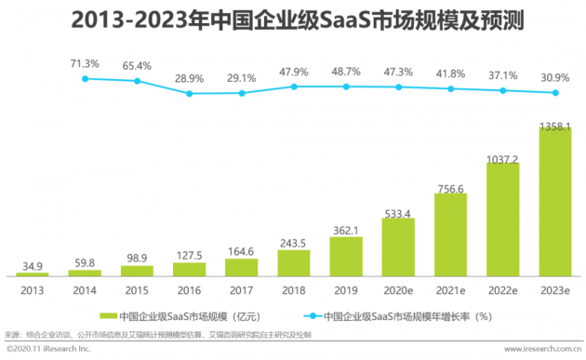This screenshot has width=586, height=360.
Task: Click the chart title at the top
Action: tap(293, 19)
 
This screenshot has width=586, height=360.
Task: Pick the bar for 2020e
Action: tap(398, 247)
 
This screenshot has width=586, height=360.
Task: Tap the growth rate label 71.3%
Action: tap(85, 63)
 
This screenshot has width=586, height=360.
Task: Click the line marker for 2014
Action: tap(85, 79)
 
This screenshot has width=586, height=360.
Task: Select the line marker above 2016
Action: tap(190, 93)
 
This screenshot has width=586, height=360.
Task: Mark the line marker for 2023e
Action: tap(555, 92)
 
